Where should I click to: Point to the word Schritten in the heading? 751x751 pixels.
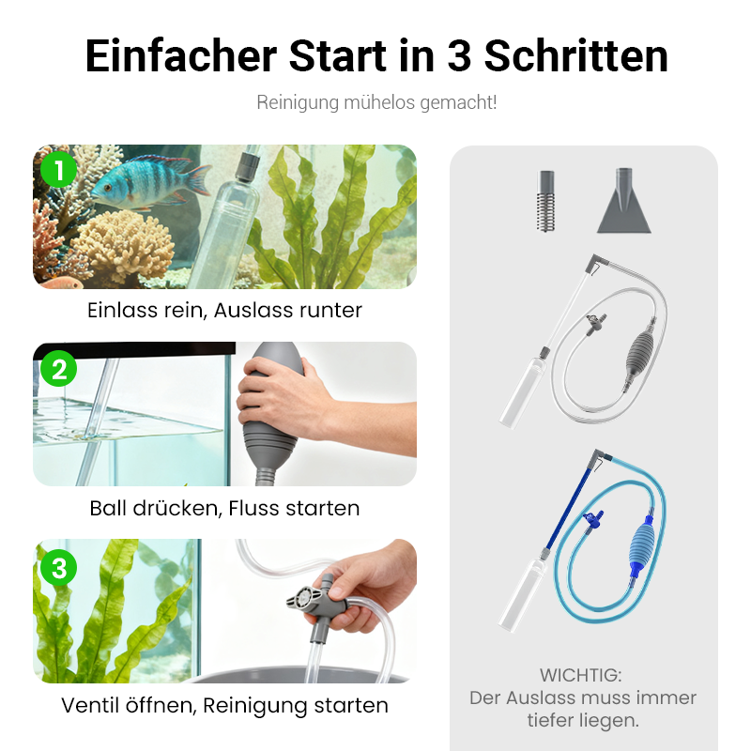coord(576,55)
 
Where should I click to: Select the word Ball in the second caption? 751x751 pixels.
coord(110,509)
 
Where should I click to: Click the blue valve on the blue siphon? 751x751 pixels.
coord(594,517)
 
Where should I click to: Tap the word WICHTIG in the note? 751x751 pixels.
coord(581,675)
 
